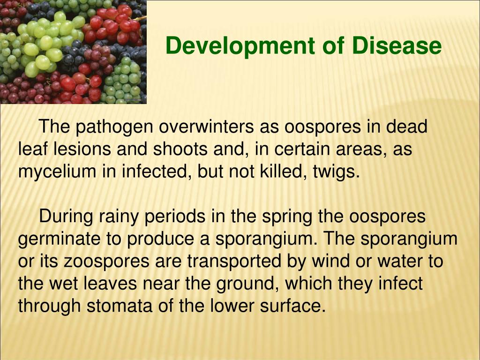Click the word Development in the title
coord(240,46)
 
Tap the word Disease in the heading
coord(397,45)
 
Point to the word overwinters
coord(206,126)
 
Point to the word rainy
coord(119,217)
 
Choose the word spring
coord(287,217)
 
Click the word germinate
coord(59,239)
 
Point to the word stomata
coord(120,306)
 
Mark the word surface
coord(292,306)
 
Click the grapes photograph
coord(73,52)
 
